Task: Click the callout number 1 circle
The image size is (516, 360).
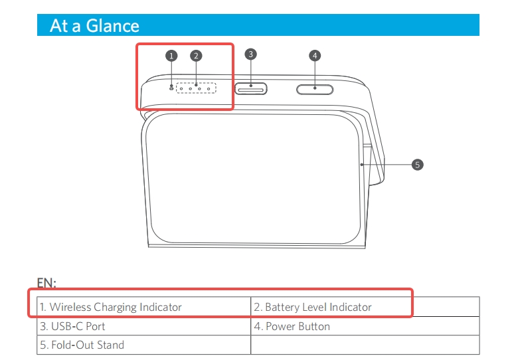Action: click(x=171, y=56)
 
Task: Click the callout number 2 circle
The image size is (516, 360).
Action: click(x=195, y=56)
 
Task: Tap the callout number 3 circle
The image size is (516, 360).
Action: click(x=251, y=54)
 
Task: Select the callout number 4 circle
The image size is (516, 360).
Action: click(x=315, y=55)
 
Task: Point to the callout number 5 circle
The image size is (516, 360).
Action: click(x=417, y=164)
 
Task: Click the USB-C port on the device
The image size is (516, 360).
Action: click(x=251, y=87)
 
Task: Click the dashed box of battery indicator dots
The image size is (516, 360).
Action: click(x=197, y=88)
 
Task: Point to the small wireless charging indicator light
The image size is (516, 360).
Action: click(x=171, y=88)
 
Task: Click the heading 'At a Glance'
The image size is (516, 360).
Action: click(x=94, y=26)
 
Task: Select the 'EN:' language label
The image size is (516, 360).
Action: click(x=46, y=283)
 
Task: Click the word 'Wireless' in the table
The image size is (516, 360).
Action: click(x=70, y=307)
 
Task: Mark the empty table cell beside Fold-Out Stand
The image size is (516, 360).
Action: click(x=365, y=345)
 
